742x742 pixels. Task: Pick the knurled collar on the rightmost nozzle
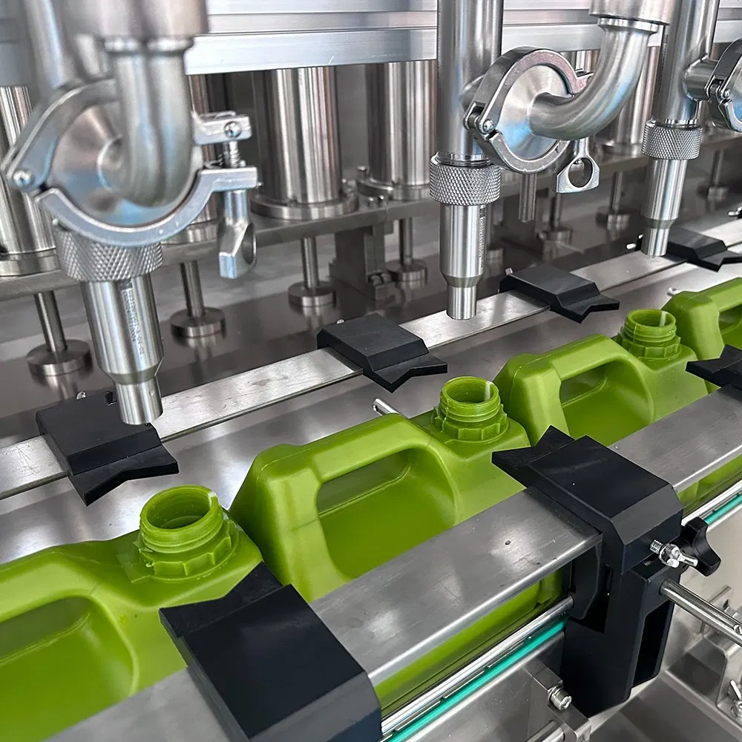[x=671, y=141]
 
